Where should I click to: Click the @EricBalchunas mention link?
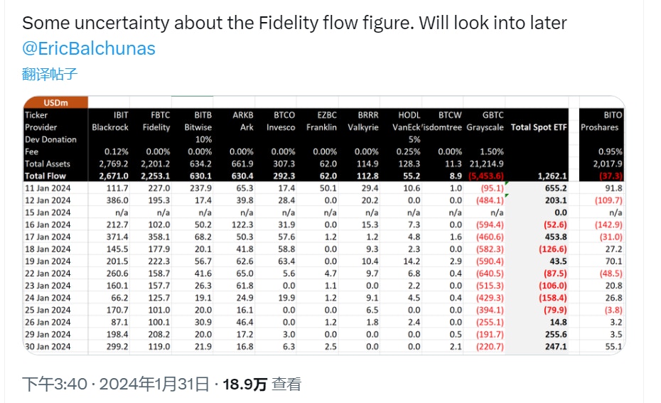pos(89,49)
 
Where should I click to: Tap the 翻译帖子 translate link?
pos(50,74)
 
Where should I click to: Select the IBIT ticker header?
pos(120,115)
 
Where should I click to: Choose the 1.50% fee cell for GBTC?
pos(491,151)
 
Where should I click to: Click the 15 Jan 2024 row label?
pos(48,213)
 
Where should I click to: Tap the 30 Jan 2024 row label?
pos(48,346)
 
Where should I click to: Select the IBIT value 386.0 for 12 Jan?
pos(116,200)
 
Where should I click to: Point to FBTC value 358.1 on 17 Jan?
pos(157,237)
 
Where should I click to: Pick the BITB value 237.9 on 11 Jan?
pos(198,188)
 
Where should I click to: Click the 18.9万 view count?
pos(245,385)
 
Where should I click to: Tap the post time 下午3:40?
pos(53,385)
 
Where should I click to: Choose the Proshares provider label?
pos(601,127)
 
